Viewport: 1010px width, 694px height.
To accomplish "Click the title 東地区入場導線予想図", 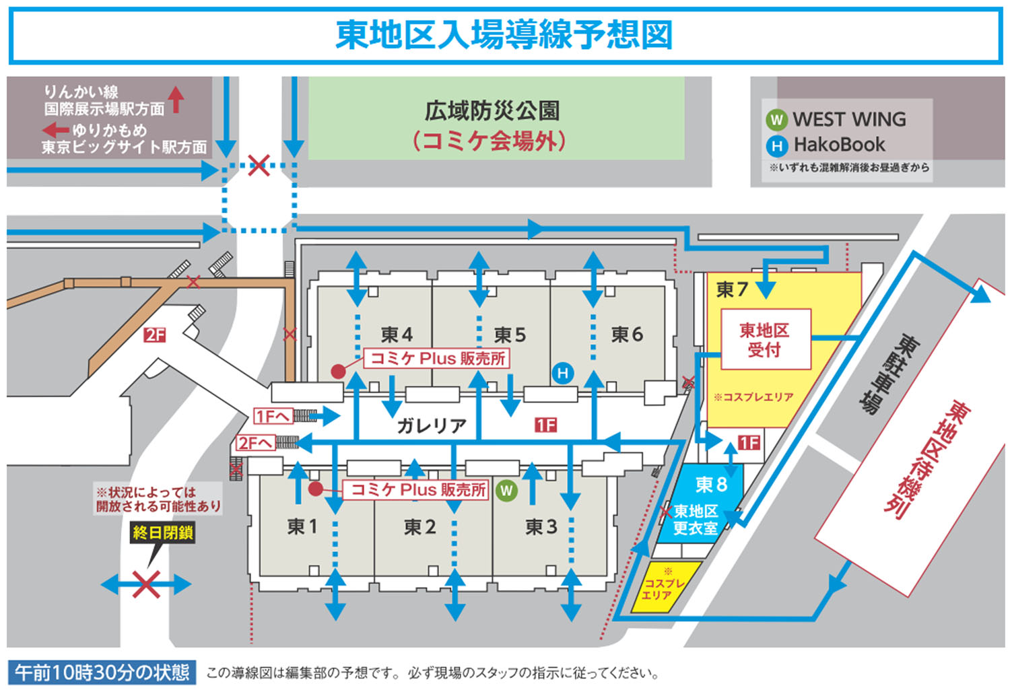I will tap(504, 35).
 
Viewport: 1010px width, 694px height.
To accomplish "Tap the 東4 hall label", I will tap(396, 335).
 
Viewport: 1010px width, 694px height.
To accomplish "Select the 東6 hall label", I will tap(626, 335).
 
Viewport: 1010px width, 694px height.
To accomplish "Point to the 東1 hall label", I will tap(302, 526).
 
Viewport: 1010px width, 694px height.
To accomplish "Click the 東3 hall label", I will tap(541, 526).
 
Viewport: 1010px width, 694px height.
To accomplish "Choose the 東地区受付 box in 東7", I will tap(765, 339).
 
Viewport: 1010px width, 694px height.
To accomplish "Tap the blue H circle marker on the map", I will tap(563, 373).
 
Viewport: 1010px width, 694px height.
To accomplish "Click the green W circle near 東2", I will tap(506, 491).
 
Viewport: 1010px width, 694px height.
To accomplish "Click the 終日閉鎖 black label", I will tap(163, 532).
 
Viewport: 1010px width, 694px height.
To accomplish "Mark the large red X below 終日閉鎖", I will tap(146, 584).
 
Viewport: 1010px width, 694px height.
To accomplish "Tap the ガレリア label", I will tap(432, 425).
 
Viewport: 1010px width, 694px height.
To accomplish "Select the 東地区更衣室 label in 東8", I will tap(696, 520).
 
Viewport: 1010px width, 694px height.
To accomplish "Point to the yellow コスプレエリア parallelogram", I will tap(665, 588).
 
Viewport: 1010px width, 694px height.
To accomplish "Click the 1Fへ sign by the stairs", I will tap(272, 417).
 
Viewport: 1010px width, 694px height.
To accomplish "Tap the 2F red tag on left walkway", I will tap(154, 335).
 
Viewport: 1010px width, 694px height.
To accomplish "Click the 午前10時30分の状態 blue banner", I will tap(102, 672).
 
